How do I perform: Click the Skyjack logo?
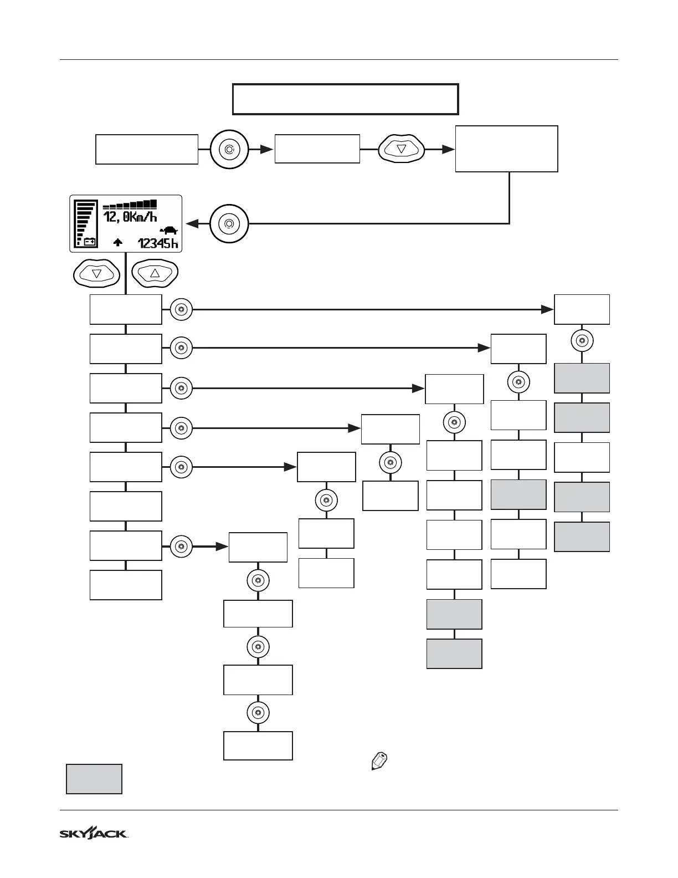[x=94, y=833]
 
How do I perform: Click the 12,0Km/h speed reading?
[x=130, y=217]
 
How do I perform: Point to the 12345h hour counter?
[x=158, y=243]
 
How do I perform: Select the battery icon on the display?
[x=90, y=242]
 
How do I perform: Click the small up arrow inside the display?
[x=117, y=242]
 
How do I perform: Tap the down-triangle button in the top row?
[x=402, y=149]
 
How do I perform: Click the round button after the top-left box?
[x=229, y=149]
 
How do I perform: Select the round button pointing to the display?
[x=229, y=224]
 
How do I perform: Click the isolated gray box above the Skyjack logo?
[x=94, y=779]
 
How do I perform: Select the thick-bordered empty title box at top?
[x=345, y=99]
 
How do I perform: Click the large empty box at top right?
[x=506, y=149]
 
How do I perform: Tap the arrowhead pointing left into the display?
[x=193, y=224]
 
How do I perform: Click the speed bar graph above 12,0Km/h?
[x=130, y=204]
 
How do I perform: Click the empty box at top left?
[x=147, y=149]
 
